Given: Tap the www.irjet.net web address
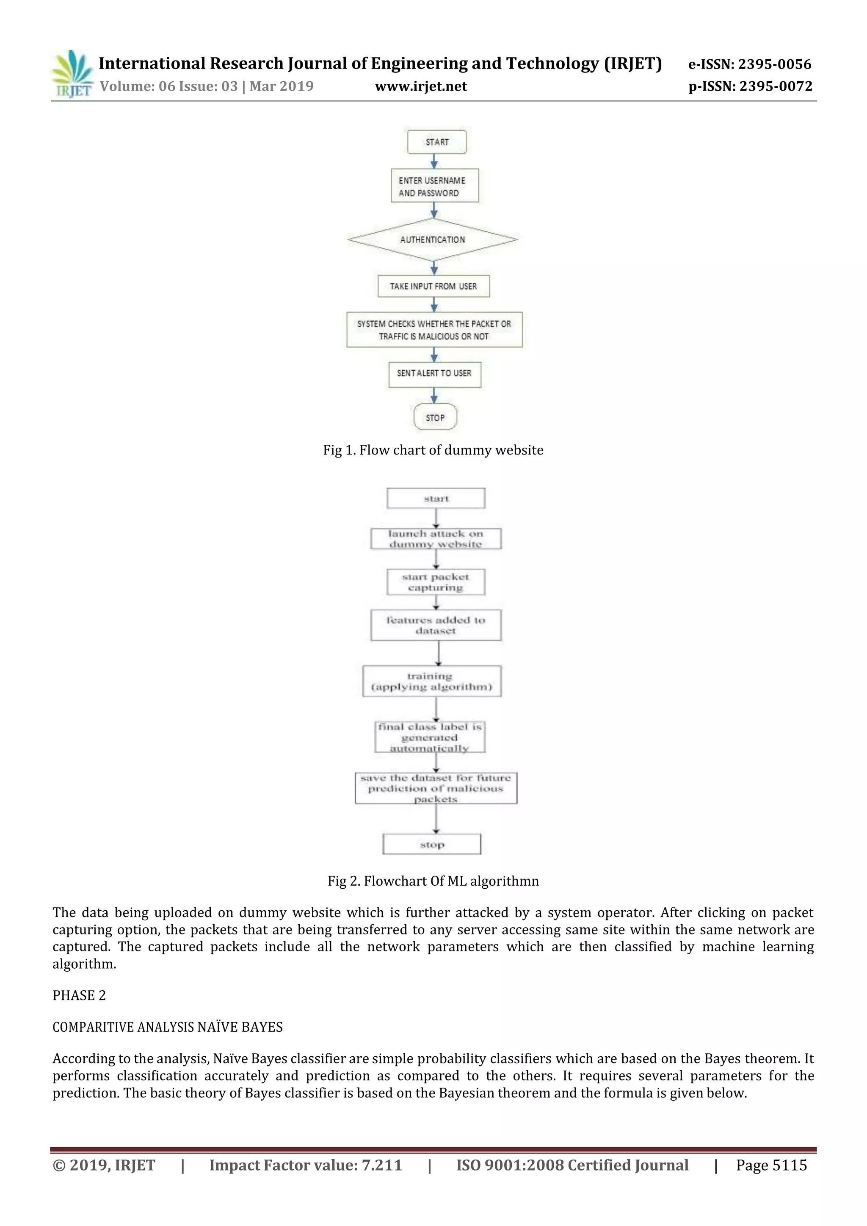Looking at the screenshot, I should pos(421,86).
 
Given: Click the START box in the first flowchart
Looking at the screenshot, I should pos(436,142).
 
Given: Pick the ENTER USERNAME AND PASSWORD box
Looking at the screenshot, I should pos(434,186).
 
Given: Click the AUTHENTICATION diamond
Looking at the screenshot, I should pos(433,240).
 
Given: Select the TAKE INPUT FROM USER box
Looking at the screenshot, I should pos(433,286).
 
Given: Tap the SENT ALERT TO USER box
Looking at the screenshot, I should pos(434,374).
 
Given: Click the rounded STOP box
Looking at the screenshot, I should pos(435,418).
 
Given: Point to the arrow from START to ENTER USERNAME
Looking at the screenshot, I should pos(434,161).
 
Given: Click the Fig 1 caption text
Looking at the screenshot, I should pos(433,450).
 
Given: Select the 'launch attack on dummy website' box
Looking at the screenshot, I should pos(435,539).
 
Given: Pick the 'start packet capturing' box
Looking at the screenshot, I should pos(435,582).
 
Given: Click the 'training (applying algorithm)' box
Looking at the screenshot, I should pos(432,681).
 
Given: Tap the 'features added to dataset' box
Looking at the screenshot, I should pos(435,625).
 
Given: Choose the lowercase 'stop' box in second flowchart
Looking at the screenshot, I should pos(432,844).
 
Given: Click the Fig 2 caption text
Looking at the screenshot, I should pos(433,881).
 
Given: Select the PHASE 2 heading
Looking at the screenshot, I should pos(79,995).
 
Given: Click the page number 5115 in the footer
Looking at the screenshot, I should pos(771,1165).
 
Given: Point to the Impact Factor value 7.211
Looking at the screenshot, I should pos(306,1165).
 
